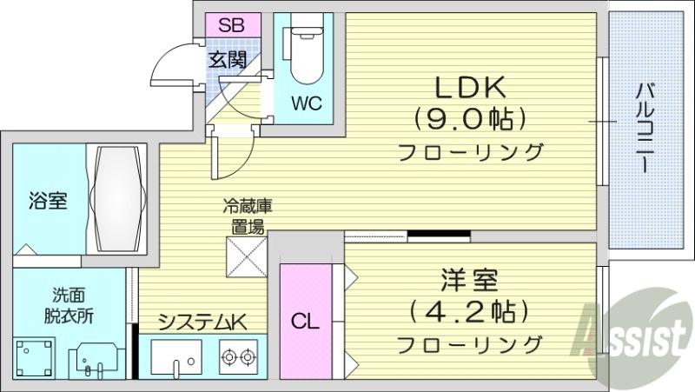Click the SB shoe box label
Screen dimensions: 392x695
point(231,24)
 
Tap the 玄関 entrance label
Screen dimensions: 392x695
point(228,59)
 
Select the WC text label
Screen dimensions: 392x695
point(306,103)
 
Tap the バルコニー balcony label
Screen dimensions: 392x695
point(644,127)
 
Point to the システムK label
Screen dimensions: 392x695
point(201,323)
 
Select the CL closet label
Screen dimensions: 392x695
point(305,322)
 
